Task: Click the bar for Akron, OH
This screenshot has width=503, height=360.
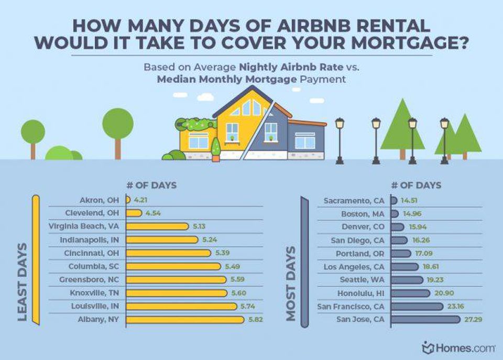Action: click(128, 200)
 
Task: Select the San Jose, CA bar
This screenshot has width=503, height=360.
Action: click(425, 319)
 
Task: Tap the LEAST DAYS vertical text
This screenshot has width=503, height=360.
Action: click(23, 281)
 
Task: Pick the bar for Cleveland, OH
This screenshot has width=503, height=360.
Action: click(134, 213)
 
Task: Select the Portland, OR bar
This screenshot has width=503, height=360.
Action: click(401, 253)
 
